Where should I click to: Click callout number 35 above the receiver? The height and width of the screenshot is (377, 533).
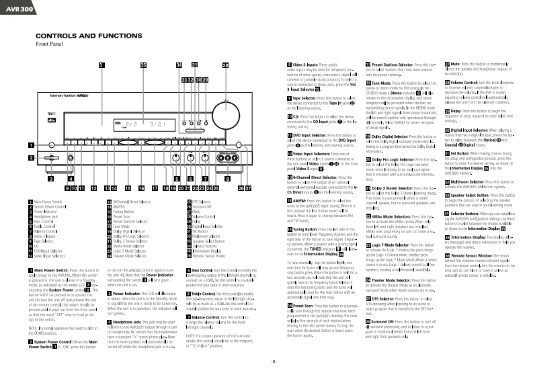click(143, 65)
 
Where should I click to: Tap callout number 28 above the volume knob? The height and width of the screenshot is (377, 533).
click(225, 65)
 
